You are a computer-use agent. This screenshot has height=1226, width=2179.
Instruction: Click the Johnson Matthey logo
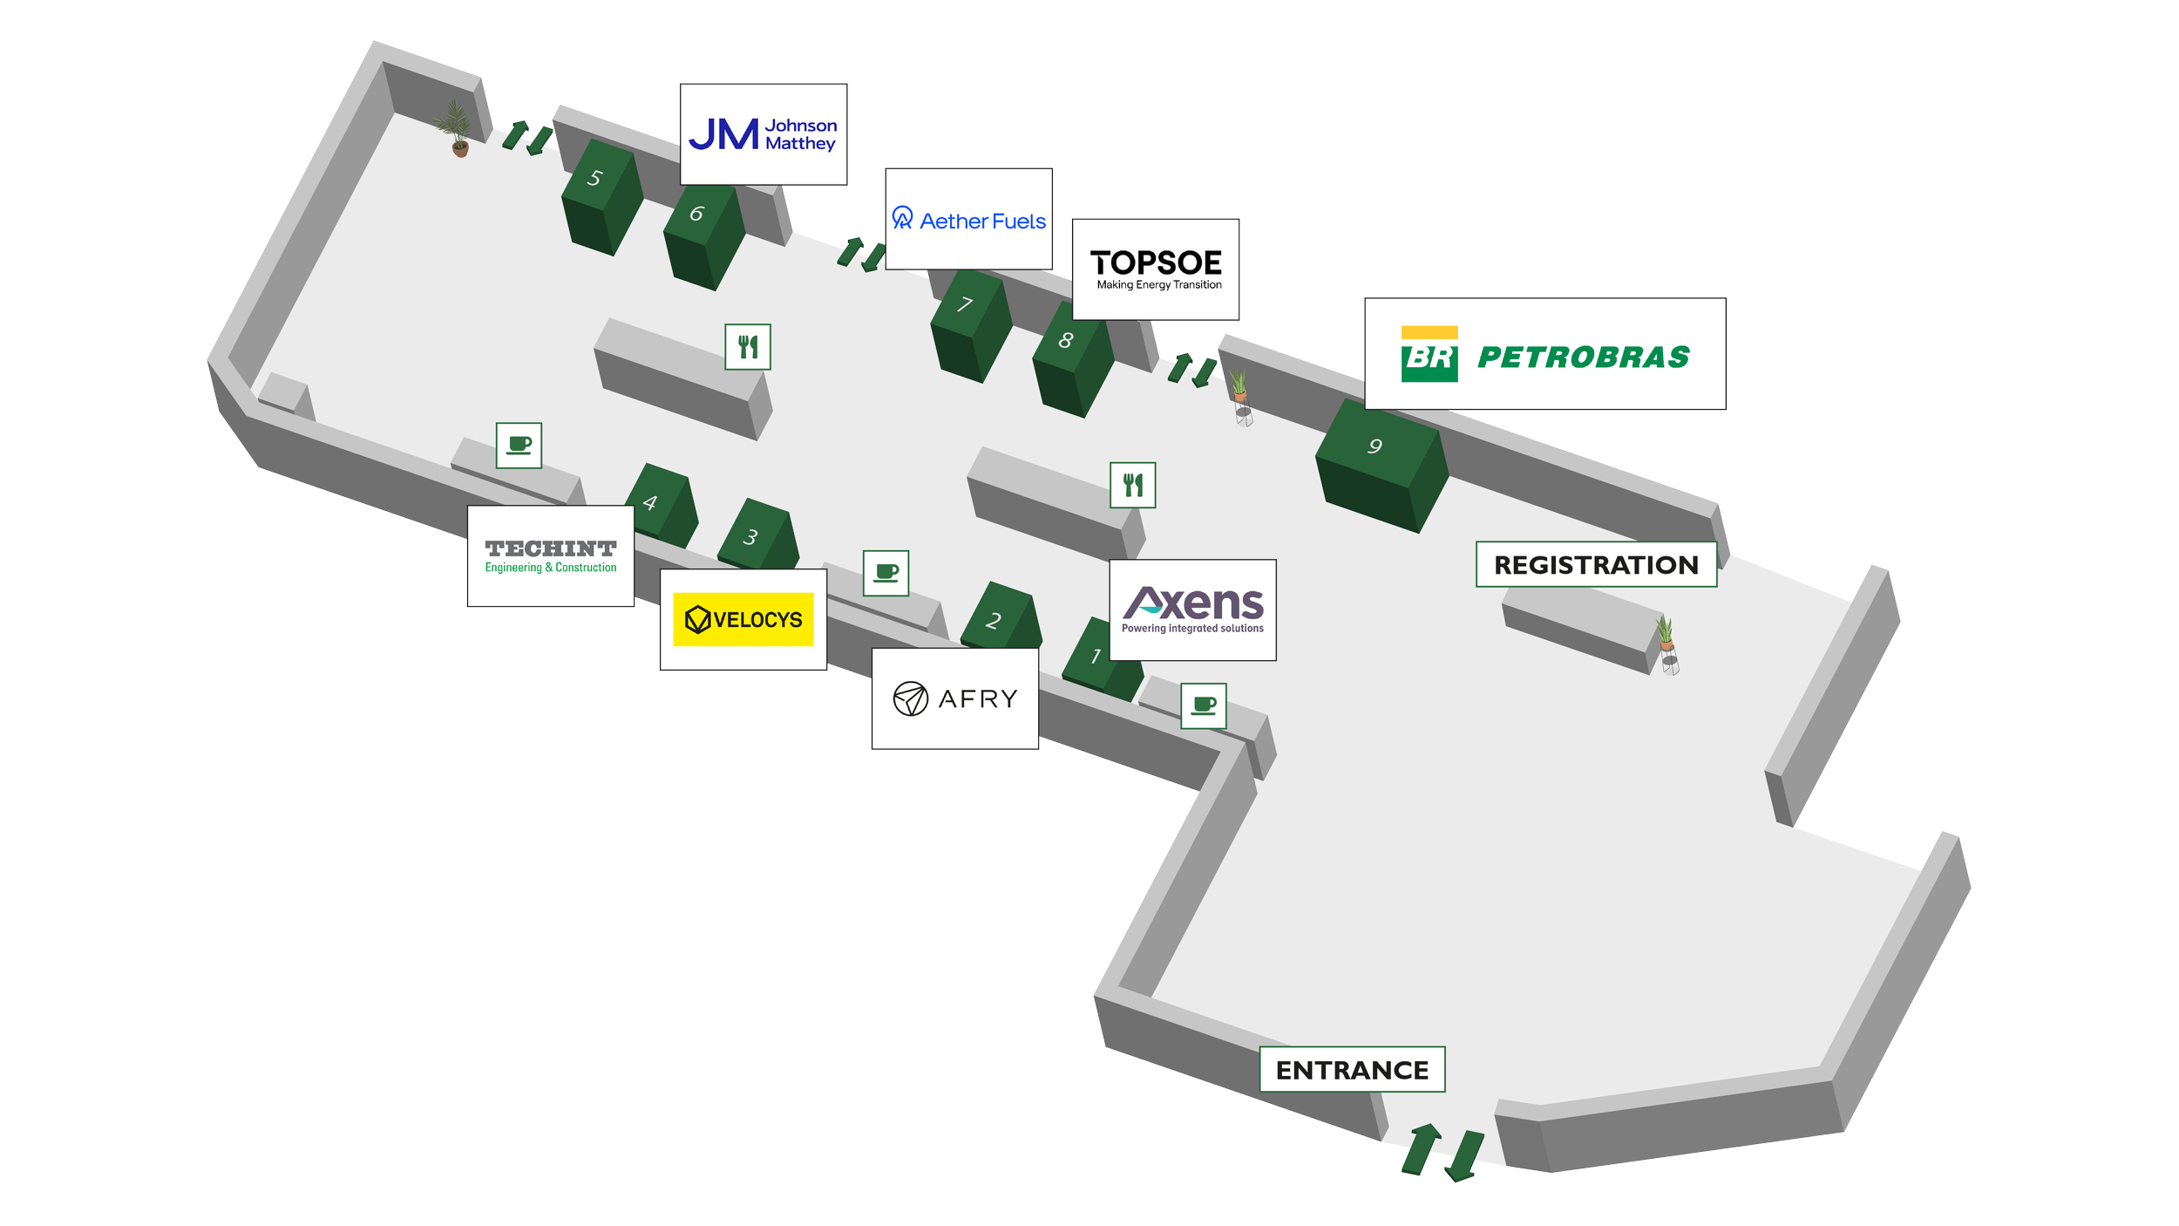click(763, 134)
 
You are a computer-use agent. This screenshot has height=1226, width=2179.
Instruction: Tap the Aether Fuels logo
click(968, 219)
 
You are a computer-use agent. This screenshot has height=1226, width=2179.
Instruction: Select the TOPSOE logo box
click(1155, 269)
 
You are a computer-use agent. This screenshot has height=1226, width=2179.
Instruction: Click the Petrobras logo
click(1544, 354)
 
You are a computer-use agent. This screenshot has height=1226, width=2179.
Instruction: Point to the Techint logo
click(550, 556)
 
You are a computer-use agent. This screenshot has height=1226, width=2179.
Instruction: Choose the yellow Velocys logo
click(743, 619)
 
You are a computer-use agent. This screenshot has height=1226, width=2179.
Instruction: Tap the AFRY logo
click(954, 698)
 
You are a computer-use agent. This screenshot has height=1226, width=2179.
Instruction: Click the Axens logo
click(1191, 610)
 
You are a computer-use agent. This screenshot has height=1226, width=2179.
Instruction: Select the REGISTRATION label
click(1595, 564)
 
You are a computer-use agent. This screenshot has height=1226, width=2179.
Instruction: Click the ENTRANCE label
click(1351, 1069)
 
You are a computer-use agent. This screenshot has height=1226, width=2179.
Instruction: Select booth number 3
click(757, 535)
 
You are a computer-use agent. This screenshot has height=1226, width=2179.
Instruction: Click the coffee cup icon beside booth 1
click(1203, 705)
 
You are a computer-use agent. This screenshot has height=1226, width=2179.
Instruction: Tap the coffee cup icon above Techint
click(519, 446)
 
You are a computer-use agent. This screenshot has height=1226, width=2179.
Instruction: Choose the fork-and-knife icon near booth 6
click(747, 347)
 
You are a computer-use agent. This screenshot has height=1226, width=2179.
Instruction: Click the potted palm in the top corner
click(456, 127)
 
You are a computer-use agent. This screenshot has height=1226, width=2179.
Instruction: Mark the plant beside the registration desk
click(1666, 641)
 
